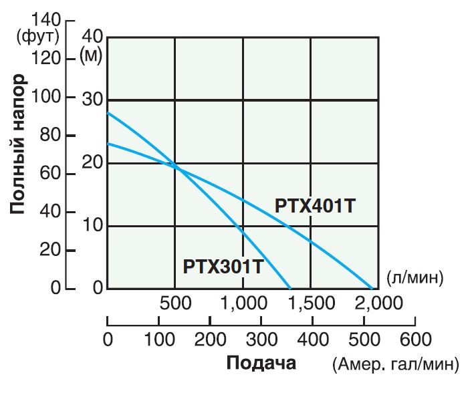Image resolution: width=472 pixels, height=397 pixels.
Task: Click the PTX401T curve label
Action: (x=315, y=206)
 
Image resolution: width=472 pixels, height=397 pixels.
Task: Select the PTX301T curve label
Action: (x=223, y=266)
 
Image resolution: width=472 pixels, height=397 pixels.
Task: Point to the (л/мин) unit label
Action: (x=415, y=277)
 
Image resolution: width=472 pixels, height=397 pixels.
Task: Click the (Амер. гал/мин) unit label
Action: (x=395, y=364)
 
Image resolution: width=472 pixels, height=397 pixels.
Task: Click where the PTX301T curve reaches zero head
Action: (x=290, y=289)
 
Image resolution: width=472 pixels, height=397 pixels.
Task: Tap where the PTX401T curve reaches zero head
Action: (x=372, y=289)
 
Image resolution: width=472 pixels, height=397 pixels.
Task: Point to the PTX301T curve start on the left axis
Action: (x=108, y=112)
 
